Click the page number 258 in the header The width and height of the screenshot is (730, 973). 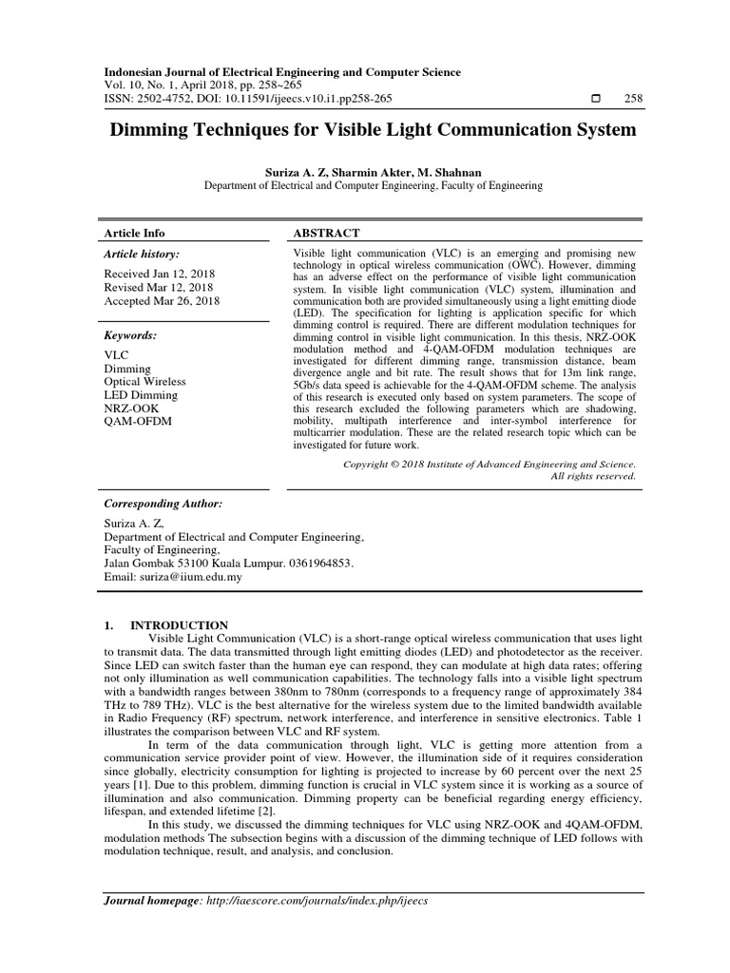[633, 98]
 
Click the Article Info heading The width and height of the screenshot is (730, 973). [134, 233]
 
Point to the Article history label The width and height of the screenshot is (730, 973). [141, 254]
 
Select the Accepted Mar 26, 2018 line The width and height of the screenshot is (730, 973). [161, 301]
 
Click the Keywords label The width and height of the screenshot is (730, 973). [130, 335]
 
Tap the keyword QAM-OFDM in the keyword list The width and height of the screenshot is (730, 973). [138, 422]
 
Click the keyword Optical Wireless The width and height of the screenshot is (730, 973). [144, 381]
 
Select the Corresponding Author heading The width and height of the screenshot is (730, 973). [162, 503]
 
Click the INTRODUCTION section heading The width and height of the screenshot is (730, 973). [179, 624]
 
